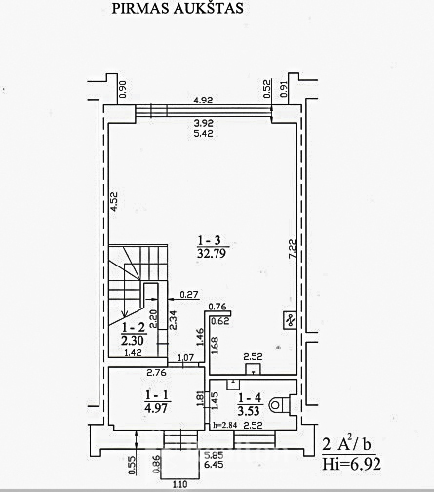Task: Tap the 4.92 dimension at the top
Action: click(x=203, y=101)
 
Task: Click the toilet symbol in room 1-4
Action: click(x=281, y=402)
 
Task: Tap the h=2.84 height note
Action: click(x=225, y=425)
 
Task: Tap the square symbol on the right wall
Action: click(x=289, y=319)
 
